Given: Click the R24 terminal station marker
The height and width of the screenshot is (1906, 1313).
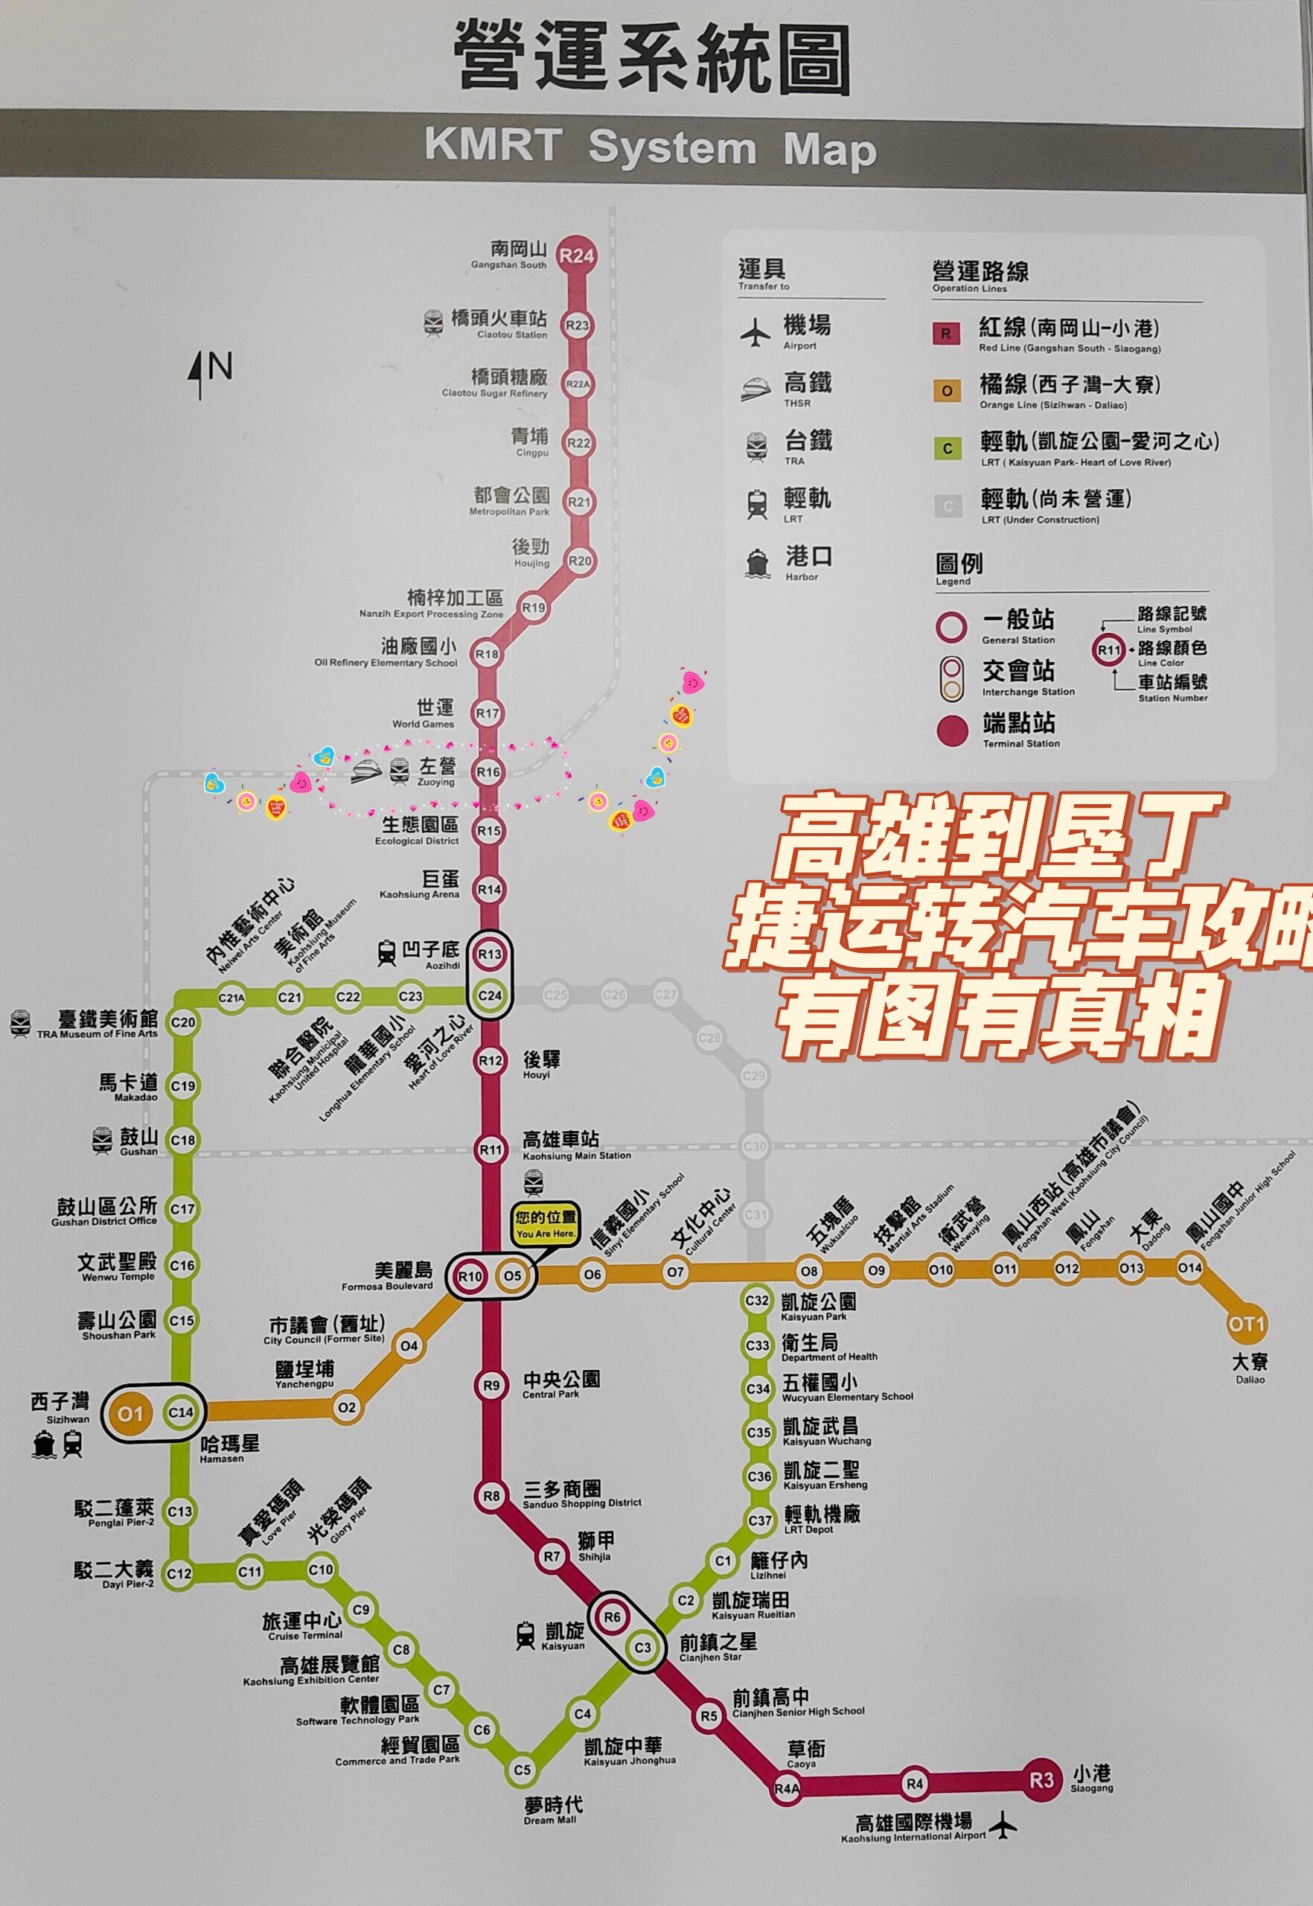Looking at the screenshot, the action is pos(576,255).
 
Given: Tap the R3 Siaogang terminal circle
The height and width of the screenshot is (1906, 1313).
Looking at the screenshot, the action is pos(1041,1780).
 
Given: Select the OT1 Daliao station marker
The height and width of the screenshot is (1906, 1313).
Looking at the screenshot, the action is pos(1245,1325).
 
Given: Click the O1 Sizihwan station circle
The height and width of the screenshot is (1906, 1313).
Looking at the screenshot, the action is pos(130,1414).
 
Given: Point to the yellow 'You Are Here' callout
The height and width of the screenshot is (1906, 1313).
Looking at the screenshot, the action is pos(546,1225).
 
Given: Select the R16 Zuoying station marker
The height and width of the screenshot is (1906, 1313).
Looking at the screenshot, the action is pos(489,772).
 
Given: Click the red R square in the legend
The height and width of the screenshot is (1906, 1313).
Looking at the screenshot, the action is pos(945,334).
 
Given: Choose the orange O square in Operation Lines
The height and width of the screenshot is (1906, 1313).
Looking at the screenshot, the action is pos(946,391).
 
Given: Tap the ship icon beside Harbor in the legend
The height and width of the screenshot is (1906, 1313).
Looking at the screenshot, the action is pos(757,563).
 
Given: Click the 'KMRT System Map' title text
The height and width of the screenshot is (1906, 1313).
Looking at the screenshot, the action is pos(650,148).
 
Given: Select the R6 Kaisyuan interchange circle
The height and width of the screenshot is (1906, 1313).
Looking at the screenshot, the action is pos(612,1617).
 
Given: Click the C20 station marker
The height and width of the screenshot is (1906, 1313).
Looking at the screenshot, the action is pos(182,1023).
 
